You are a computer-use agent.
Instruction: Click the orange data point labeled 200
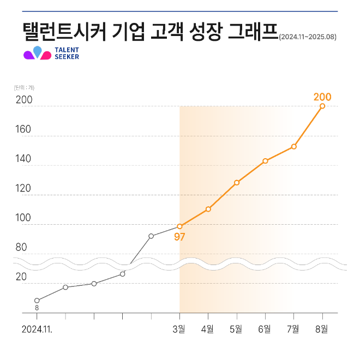click(x=322, y=106)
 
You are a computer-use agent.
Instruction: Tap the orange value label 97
click(x=180, y=237)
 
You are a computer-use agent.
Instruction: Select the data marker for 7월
click(x=294, y=146)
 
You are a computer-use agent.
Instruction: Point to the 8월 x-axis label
click(x=322, y=329)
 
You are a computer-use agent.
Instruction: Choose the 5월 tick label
click(x=237, y=329)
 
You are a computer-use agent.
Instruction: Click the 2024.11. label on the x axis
click(x=37, y=329)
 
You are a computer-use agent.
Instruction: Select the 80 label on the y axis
click(x=21, y=247)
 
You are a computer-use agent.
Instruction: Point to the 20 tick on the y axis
click(x=21, y=277)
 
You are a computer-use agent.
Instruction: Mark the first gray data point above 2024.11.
click(x=37, y=300)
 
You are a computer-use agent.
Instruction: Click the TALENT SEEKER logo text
click(x=67, y=53)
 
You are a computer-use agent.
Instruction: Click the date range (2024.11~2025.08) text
click(x=308, y=38)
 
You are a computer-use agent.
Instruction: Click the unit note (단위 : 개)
click(x=25, y=87)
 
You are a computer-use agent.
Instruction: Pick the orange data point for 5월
click(x=237, y=182)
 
